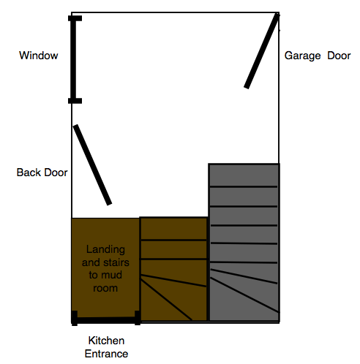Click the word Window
39,56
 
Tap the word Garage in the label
302,56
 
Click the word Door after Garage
339,56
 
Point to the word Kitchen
106,341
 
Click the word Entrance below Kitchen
106,354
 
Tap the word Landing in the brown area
105,250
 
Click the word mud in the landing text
113,275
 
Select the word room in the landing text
105,289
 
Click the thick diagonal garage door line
262,50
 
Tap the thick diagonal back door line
93,165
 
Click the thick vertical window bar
73,60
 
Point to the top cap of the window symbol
75,18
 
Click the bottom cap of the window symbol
75,101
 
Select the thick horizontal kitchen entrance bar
106,320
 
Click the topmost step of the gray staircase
244,175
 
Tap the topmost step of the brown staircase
173,229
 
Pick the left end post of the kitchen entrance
75,318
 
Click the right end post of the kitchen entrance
138,318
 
